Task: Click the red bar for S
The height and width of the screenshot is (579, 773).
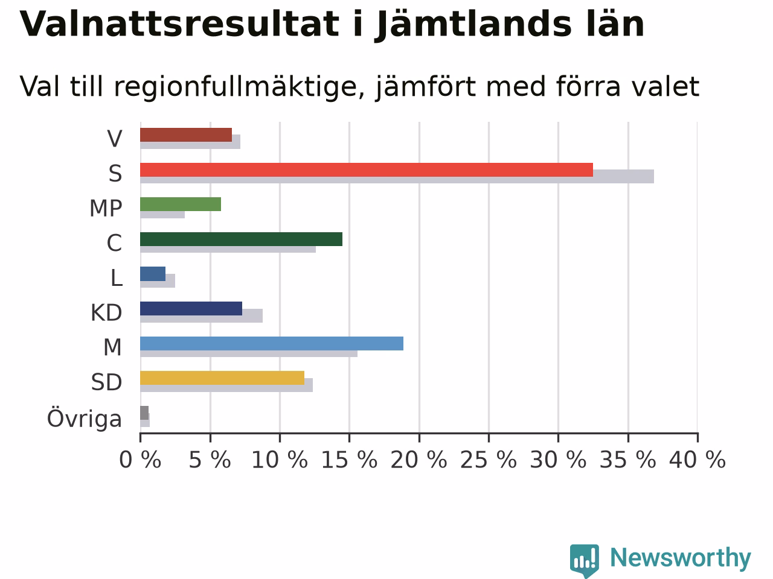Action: point(366,170)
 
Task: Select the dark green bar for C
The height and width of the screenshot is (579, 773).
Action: point(241,239)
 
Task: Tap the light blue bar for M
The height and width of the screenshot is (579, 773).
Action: point(272,343)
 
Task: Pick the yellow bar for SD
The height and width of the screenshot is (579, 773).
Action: point(222,378)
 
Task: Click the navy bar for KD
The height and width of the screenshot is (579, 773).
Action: point(191,308)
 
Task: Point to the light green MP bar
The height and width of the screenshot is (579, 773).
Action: point(181,204)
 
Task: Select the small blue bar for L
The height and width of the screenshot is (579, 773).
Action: point(153,274)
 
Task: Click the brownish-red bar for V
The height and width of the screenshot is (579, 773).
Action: point(186,135)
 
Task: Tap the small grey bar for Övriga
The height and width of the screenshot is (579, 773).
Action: point(144,413)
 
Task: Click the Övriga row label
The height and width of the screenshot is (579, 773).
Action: point(85,419)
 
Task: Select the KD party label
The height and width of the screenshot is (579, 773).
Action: point(106,312)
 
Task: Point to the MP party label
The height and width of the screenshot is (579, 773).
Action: point(106,208)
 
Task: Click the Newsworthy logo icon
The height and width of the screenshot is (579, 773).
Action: point(584,560)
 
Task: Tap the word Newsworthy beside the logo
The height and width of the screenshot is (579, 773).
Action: point(681,558)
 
